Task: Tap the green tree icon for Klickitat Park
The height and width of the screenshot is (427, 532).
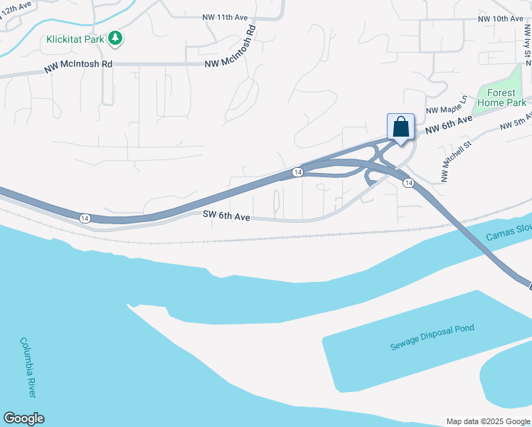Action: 115,38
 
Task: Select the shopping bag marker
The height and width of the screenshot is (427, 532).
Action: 400,128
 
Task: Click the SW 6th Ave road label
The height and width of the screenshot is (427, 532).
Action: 226,216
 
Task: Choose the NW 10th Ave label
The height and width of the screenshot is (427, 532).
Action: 500,19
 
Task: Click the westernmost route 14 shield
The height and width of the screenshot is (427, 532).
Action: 85,217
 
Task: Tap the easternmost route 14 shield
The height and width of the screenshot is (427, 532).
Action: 408,183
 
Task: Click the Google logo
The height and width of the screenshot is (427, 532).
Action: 23,418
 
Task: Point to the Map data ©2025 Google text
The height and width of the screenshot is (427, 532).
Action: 488,421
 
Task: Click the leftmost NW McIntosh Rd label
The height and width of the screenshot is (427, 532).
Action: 78,64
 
